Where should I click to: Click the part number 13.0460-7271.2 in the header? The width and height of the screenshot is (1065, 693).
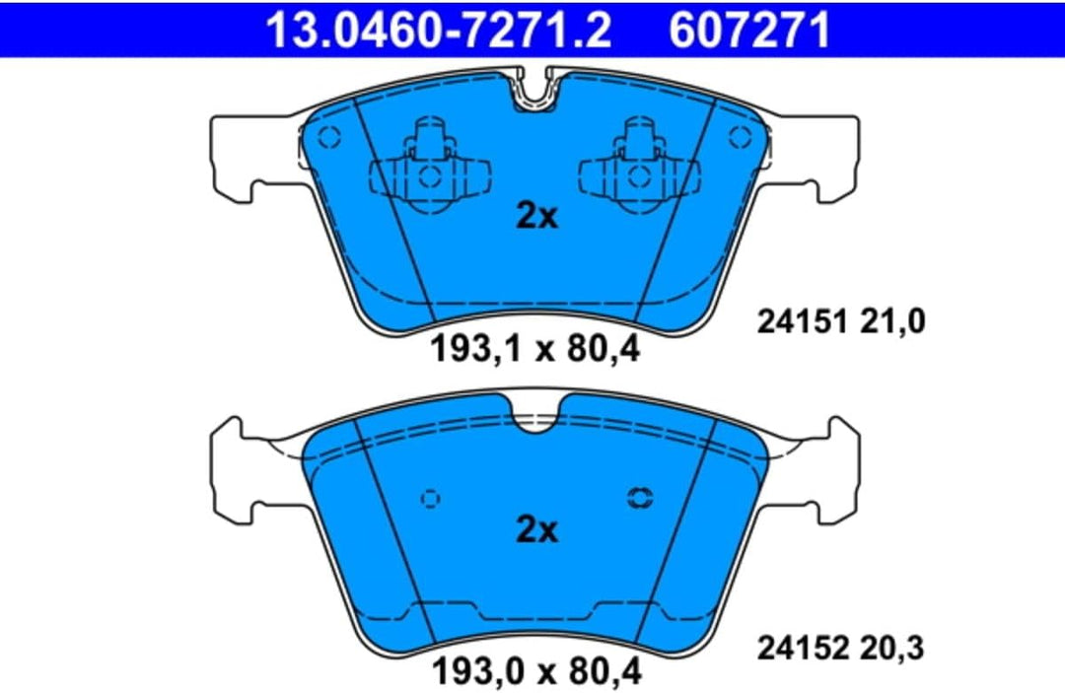[x=439, y=30]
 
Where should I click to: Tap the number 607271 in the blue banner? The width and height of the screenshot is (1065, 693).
[x=749, y=30]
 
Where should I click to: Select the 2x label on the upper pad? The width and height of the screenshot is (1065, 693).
[x=536, y=217]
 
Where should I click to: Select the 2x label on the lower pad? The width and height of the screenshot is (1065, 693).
[x=536, y=528]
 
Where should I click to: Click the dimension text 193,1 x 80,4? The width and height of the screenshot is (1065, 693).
[x=535, y=350]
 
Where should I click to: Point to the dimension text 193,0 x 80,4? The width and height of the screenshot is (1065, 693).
[x=536, y=672]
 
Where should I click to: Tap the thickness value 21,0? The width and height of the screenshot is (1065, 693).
[x=892, y=321]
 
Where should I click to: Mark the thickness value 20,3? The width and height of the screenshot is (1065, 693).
[x=891, y=649]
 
